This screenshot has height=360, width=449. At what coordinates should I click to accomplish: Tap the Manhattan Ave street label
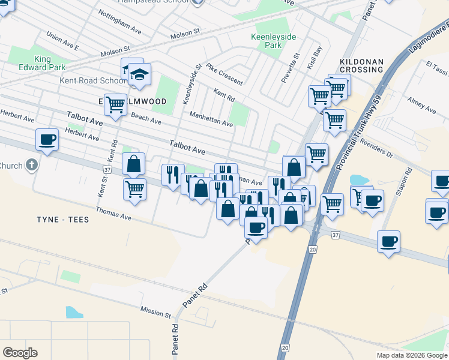pyautogui.click(x=211, y=119)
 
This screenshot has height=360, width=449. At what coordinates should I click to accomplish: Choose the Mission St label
pyautogui.click(x=155, y=311)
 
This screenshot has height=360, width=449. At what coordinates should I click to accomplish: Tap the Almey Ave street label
pyautogui.click(x=421, y=105)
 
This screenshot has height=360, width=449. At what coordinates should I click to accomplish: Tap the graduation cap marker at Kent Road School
pyautogui.click(x=139, y=76)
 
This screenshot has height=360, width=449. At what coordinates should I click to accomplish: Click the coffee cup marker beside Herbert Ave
pyautogui.click(x=47, y=140)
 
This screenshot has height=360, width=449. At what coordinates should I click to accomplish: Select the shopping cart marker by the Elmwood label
pyautogui.click(x=115, y=104)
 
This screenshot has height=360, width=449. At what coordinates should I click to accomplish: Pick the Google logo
pyautogui.click(x=20, y=352)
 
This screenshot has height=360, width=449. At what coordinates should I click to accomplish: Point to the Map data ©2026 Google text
pyautogui.click(x=411, y=355)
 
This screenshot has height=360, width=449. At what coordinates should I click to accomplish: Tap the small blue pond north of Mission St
pyautogui.click(x=74, y=312)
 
